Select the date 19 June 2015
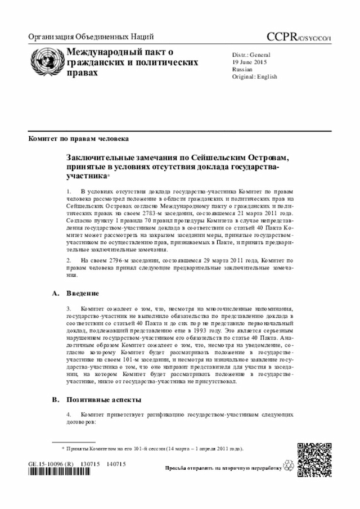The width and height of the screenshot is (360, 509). [251, 62]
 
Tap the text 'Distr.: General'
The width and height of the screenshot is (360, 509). [251, 55]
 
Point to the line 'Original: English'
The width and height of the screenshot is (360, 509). [255, 76]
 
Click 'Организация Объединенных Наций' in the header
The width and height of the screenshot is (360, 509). [91, 38]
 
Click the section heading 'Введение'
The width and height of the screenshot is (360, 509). [83, 293]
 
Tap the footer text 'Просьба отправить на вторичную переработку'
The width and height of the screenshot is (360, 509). [223, 468]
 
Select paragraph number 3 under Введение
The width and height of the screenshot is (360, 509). [69, 309]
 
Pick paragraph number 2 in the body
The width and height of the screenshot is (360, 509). [69, 261]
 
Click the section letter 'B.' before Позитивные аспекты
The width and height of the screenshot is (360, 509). [55, 399]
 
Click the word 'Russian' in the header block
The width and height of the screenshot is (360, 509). [242, 69]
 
